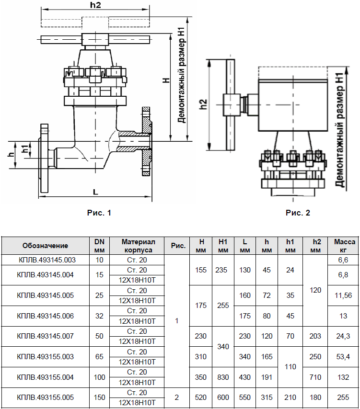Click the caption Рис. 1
pyautogui.click(x=99, y=213)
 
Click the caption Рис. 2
pyautogui.click(x=298, y=213)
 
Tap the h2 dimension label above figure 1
pyautogui.click(x=95, y=5)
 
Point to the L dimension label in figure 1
pyautogui.click(x=95, y=192)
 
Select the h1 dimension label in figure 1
pyautogui.click(x=25, y=149)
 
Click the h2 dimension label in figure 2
pyautogui.click(x=203, y=104)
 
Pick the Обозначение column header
pyautogui.click(x=45, y=246)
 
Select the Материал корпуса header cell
pyautogui.click(x=138, y=246)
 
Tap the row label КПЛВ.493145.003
pyautogui.click(x=47, y=260)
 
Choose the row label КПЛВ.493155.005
pyautogui.click(x=45, y=398)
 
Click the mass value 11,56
pyautogui.click(x=343, y=295)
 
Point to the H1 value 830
pyautogui.click(x=223, y=377)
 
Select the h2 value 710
pyautogui.click(x=315, y=377)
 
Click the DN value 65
pyautogui.click(x=99, y=357)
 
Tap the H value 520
pyautogui.click(x=200, y=398)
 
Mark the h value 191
pyautogui.click(x=267, y=377)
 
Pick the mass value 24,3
pyautogui.click(x=343, y=336)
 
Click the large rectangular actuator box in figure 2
pyautogui.click(x=293, y=105)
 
